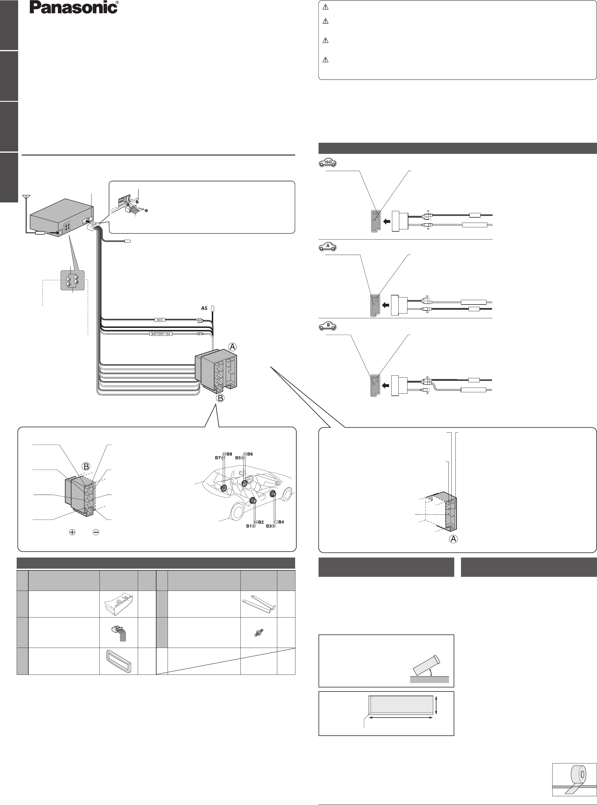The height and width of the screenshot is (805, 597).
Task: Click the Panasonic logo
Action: (74, 8)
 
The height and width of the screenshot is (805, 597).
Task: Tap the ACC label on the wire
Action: (160, 320)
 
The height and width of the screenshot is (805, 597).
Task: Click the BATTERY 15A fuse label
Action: (161, 334)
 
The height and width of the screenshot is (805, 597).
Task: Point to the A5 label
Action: (204, 308)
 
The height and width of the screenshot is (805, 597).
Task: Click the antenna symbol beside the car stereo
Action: (26, 198)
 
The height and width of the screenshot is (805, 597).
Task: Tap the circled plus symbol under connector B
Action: (72, 532)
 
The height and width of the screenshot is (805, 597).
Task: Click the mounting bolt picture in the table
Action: (259, 633)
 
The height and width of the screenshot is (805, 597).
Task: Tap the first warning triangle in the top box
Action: (325, 7)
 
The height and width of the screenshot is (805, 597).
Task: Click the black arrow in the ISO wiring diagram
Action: (386, 221)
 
